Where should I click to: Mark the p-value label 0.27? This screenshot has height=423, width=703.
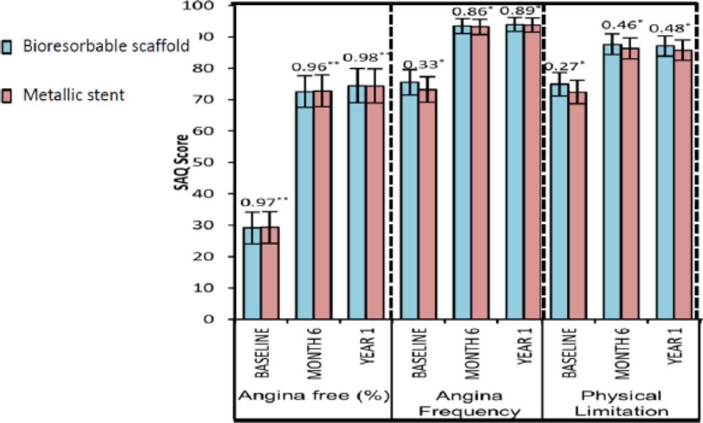[560, 67]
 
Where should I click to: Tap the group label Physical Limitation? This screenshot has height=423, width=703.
[621, 403]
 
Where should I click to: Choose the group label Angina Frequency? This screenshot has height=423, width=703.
[467, 403]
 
